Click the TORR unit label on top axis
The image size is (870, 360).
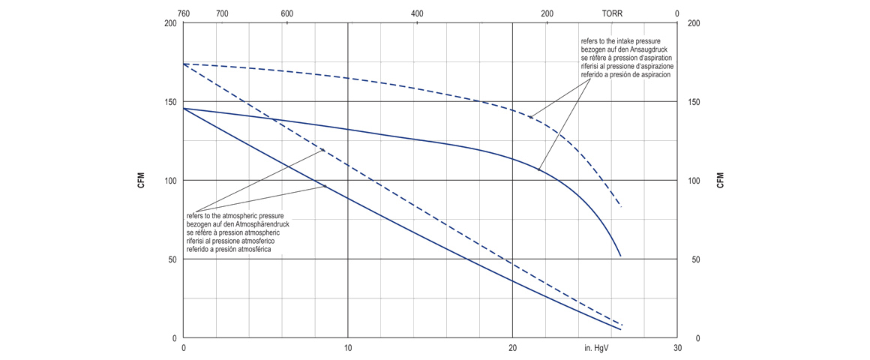(x=612, y=13)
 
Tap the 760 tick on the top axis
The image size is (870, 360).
(x=184, y=13)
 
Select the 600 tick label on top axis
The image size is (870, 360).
(x=286, y=13)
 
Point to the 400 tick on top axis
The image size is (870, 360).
(x=417, y=13)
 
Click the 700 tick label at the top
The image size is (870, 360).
(x=222, y=13)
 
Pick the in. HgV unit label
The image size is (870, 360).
(x=596, y=349)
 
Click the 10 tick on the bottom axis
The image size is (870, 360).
(x=348, y=349)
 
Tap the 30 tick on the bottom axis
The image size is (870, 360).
(x=677, y=349)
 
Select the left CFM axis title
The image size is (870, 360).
(x=141, y=181)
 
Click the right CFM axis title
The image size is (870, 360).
(x=720, y=181)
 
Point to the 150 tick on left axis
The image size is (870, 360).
(x=170, y=102)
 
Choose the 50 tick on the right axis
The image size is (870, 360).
(x=696, y=259)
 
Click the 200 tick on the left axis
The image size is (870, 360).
(x=170, y=23)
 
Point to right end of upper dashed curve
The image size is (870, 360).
(x=621, y=206)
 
